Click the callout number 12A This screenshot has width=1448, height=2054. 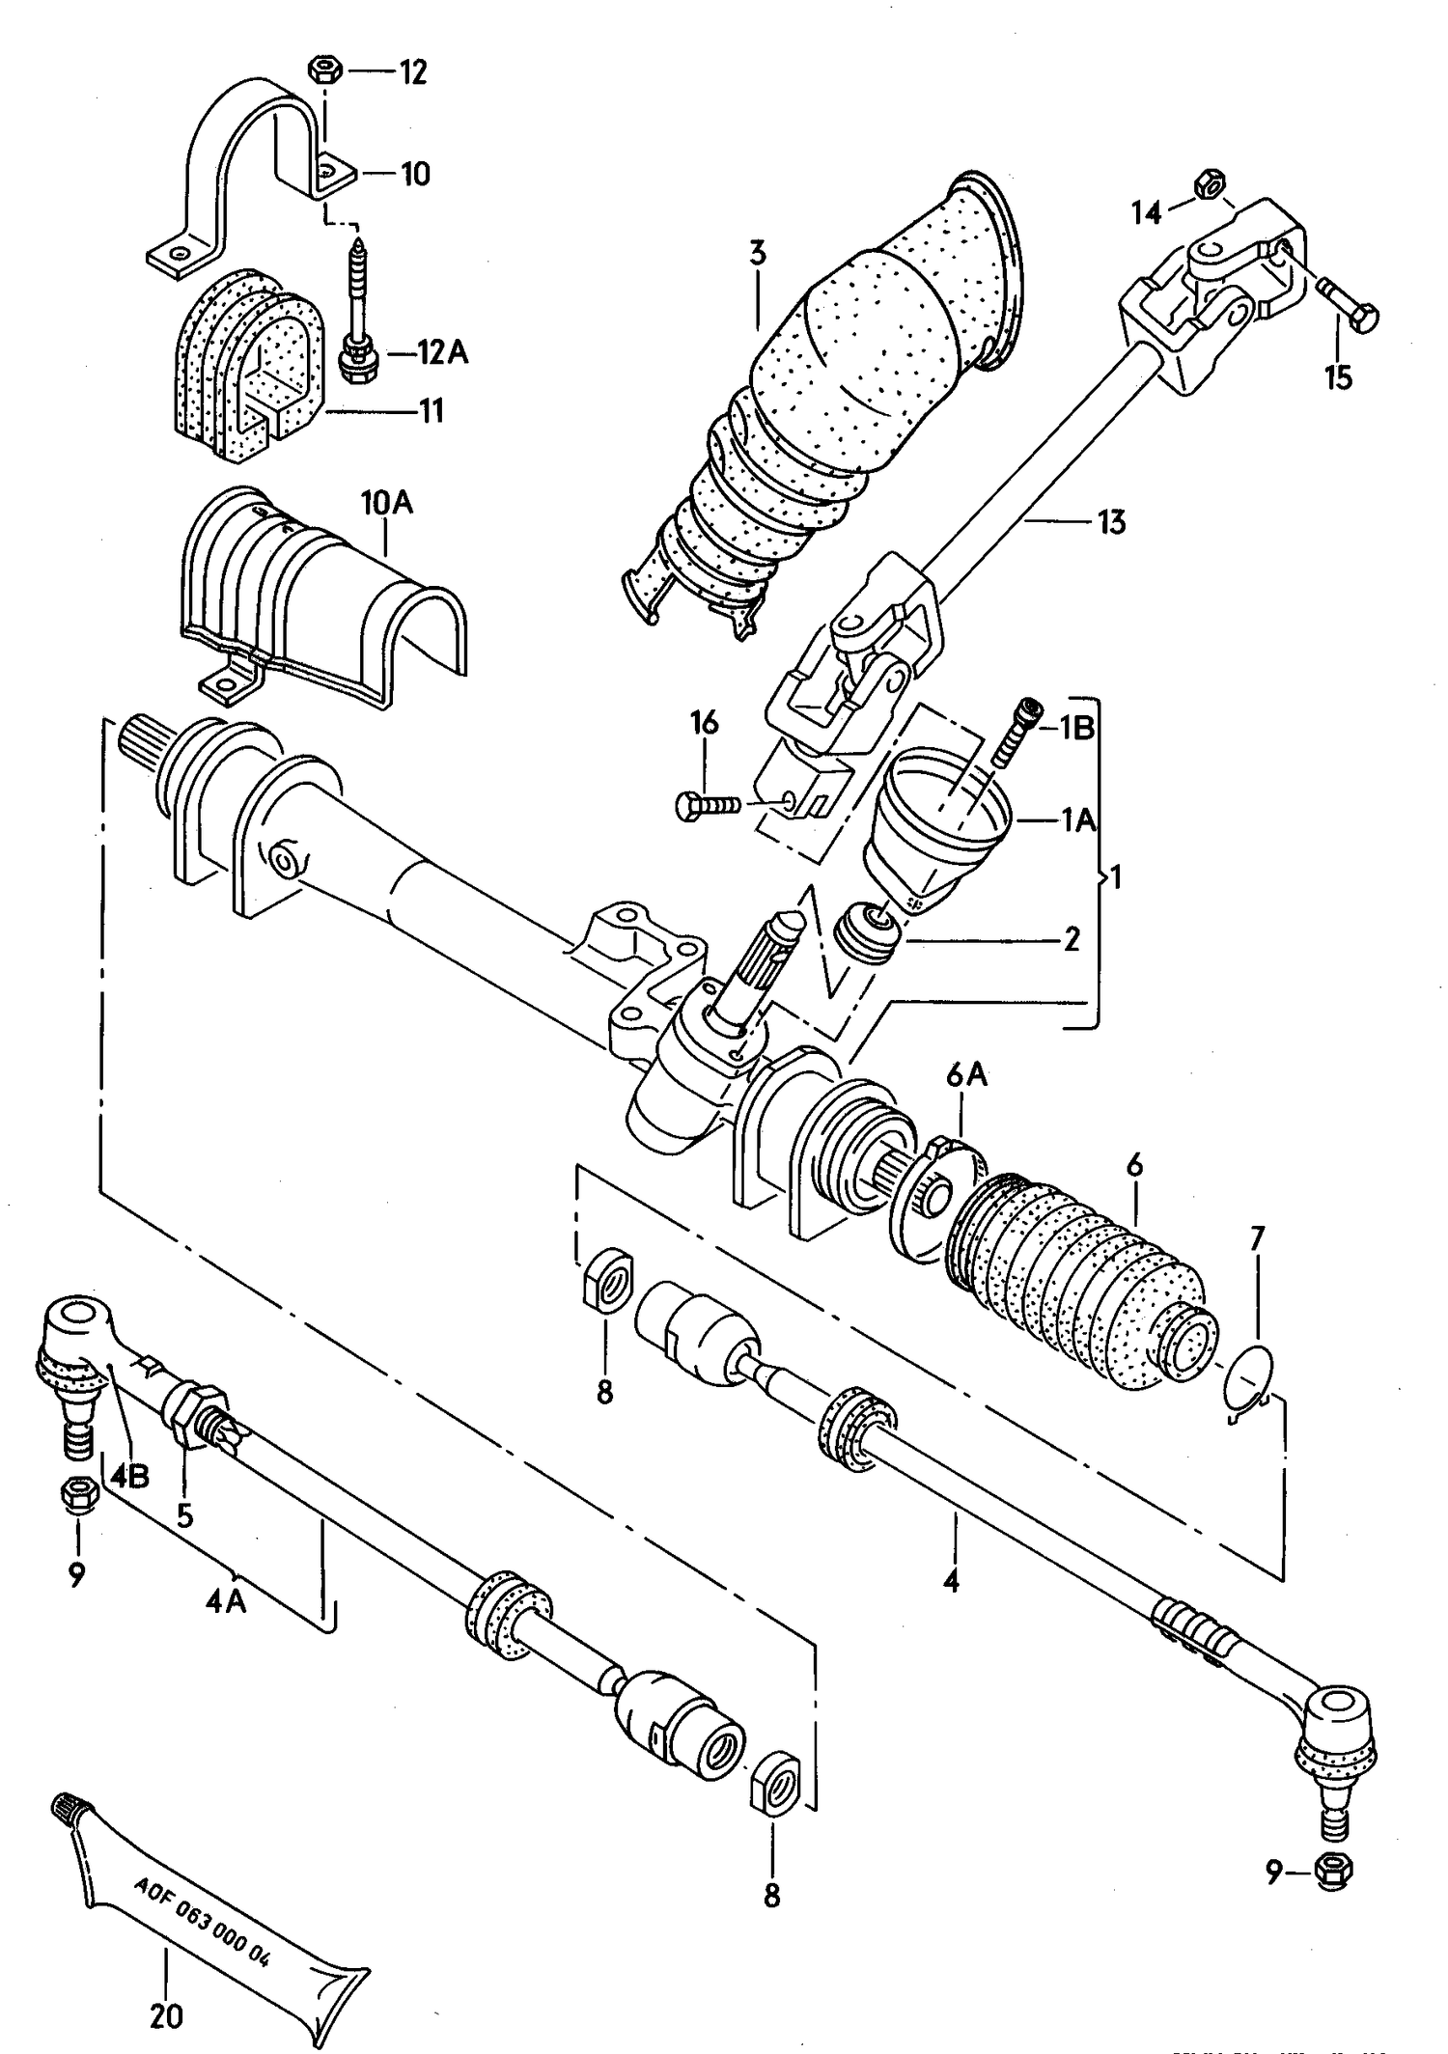point(442,352)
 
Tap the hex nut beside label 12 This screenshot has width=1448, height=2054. point(324,70)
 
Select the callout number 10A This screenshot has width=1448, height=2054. point(386,502)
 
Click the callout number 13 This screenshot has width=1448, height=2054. point(1111,522)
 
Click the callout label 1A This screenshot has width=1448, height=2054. point(1079,819)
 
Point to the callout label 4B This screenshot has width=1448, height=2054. point(129,1476)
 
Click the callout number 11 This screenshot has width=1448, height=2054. point(431,411)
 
